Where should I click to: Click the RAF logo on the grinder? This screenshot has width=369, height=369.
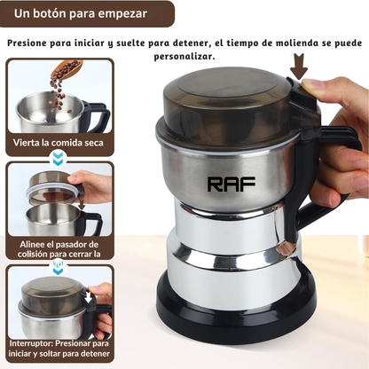click(x=232, y=184)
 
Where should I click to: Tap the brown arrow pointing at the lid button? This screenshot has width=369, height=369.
click(x=299, y=67)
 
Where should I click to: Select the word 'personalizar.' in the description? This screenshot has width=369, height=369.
click(x=184, y=57)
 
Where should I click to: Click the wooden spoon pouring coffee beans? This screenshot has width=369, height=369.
click(x=67, y=69)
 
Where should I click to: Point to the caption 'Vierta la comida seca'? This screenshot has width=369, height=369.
click(x=59, y=143)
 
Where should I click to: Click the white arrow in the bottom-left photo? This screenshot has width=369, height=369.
click(x=88, y=296)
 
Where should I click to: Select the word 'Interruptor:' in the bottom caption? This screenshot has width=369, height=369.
click(x=31, y=343)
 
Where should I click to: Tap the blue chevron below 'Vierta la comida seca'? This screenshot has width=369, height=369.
click(x=59, y=158)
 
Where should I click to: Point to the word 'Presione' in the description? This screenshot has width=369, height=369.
click(x=27, y=43)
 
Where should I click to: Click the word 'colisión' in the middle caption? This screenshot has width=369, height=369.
click(x=32, y=254)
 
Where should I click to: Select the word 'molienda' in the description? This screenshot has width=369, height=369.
click(x=297, y=43)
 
